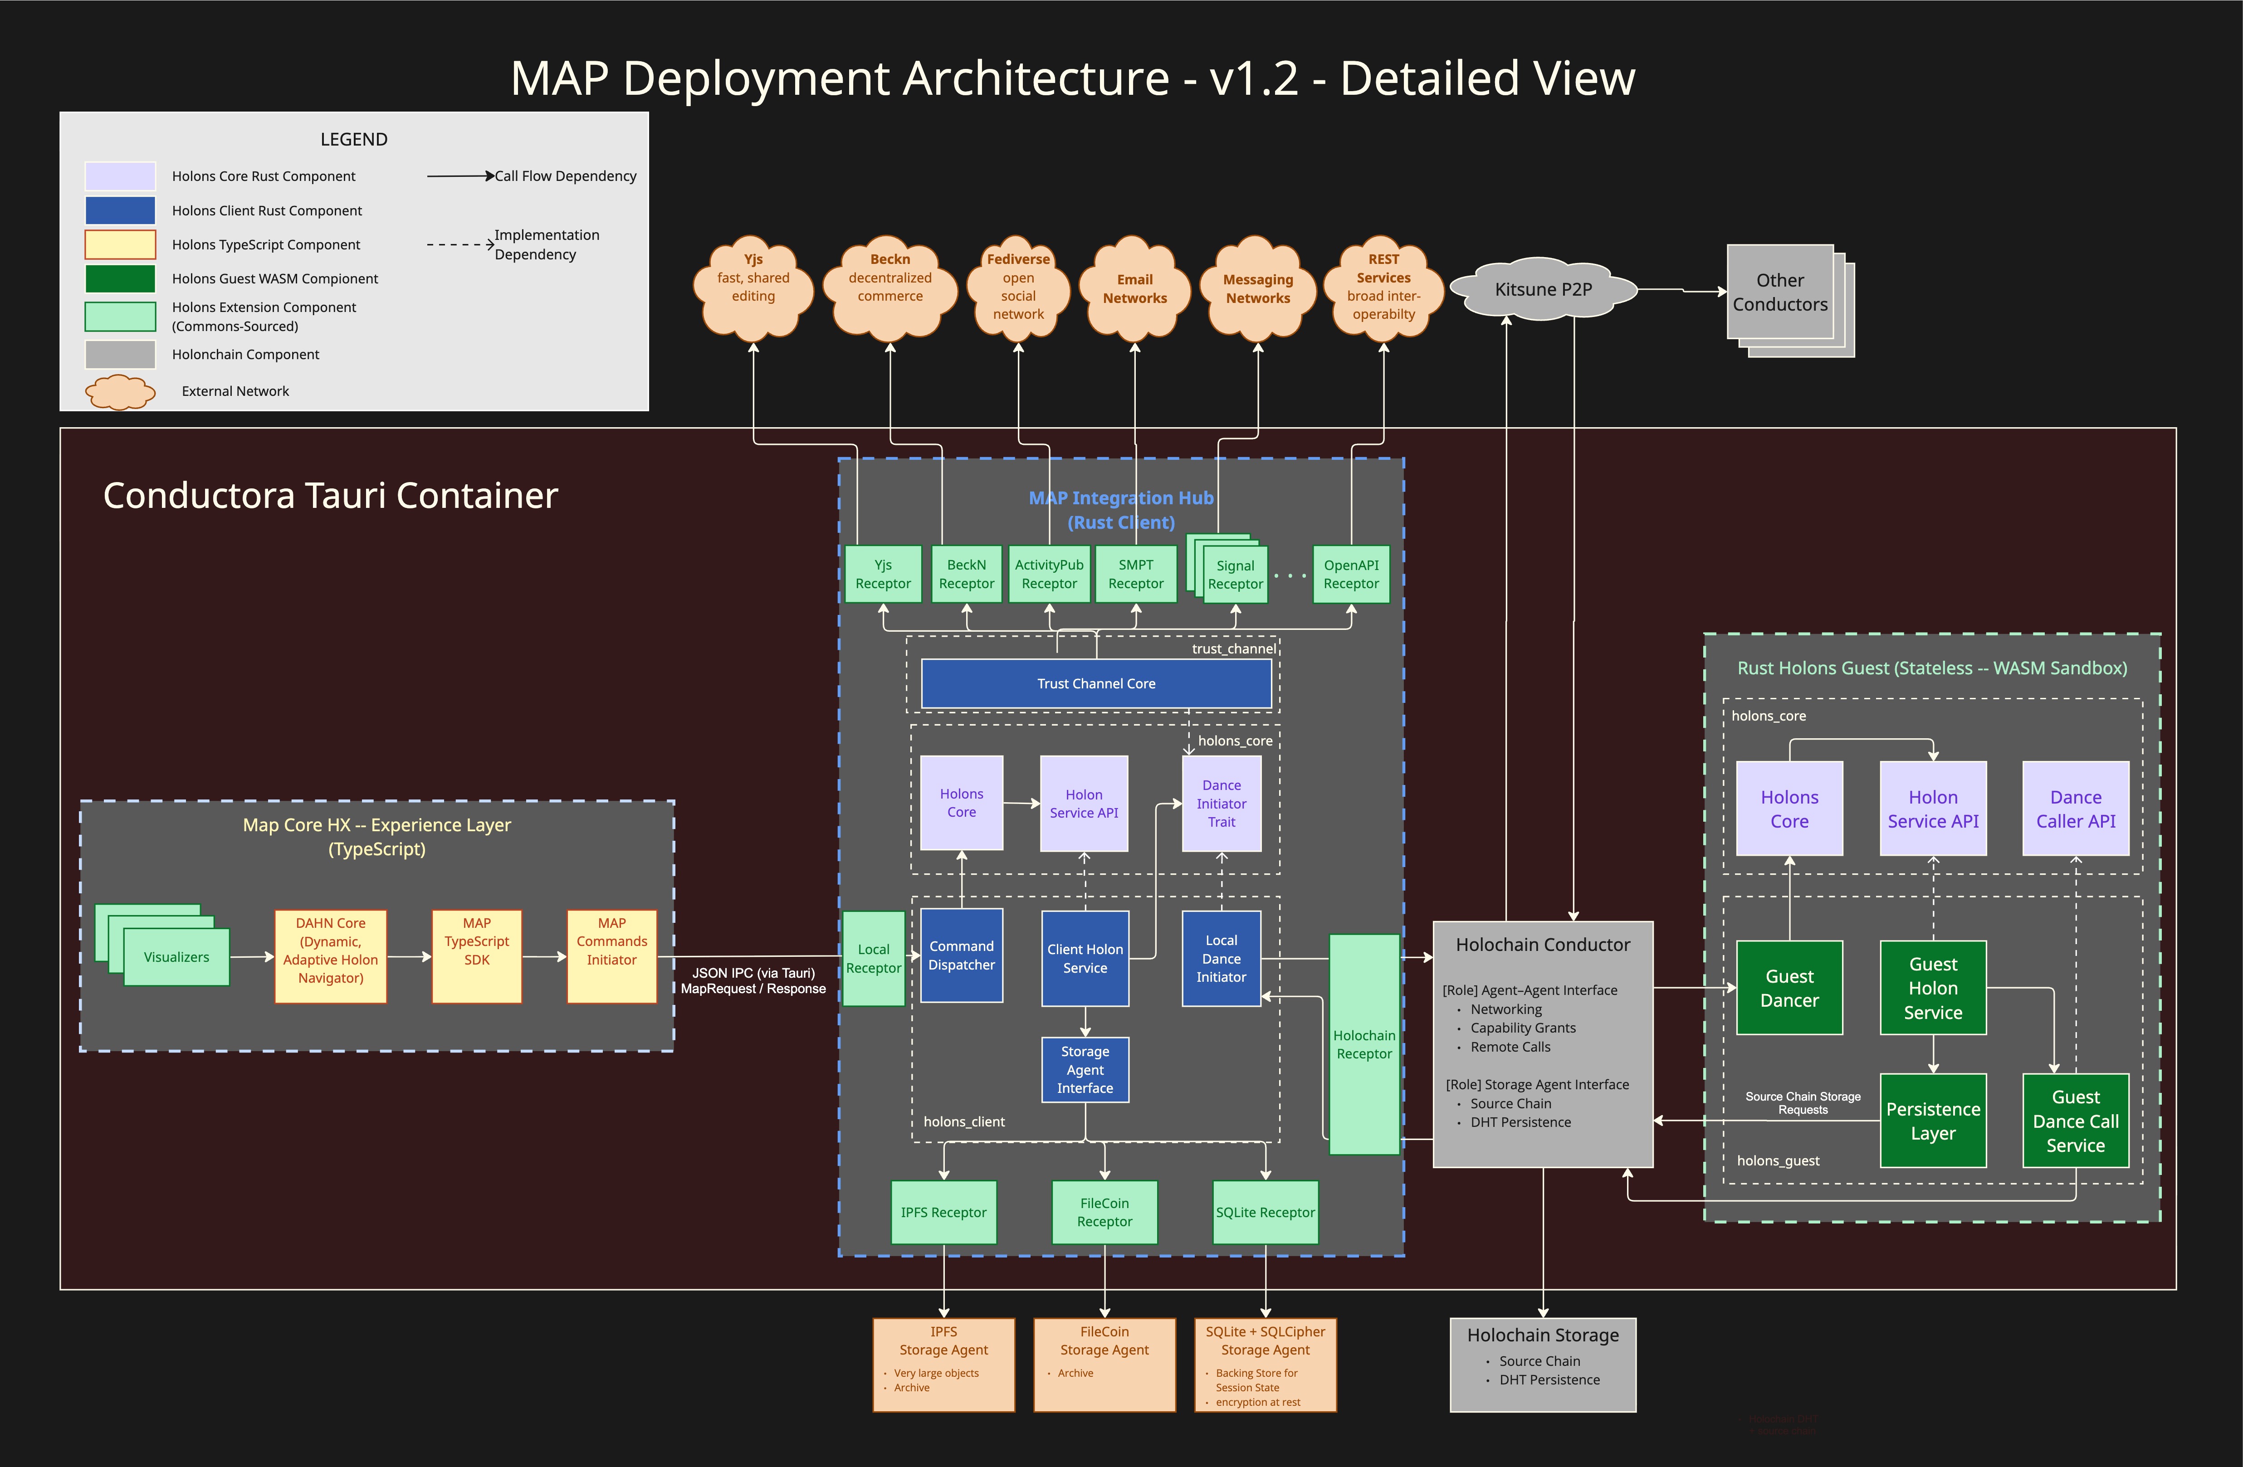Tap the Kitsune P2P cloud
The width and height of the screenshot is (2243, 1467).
(x=1543, y=289)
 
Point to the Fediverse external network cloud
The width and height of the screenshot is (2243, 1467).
(x=1018, y=287)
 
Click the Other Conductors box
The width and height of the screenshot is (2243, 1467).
(x=1779, y=292)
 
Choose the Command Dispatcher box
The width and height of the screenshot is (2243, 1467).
(x=961, y=955)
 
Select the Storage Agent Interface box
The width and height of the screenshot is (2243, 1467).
(x=1085, y=1069)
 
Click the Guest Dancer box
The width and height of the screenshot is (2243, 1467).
(x=1789, y=987)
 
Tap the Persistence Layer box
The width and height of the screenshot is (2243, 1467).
(x=1933, y=1120)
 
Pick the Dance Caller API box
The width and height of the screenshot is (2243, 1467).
(x=2075, y=809)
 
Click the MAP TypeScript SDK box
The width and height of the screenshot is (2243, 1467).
(x=477, y=955)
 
